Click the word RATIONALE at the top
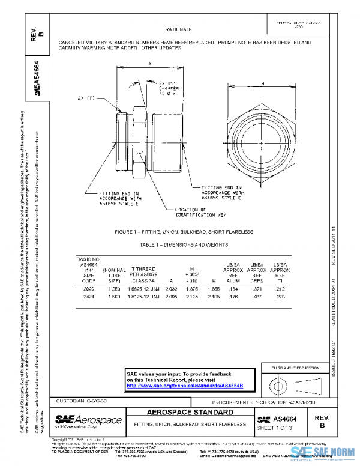click(x=178, y=29)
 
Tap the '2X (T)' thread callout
click(x=87, y=97)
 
